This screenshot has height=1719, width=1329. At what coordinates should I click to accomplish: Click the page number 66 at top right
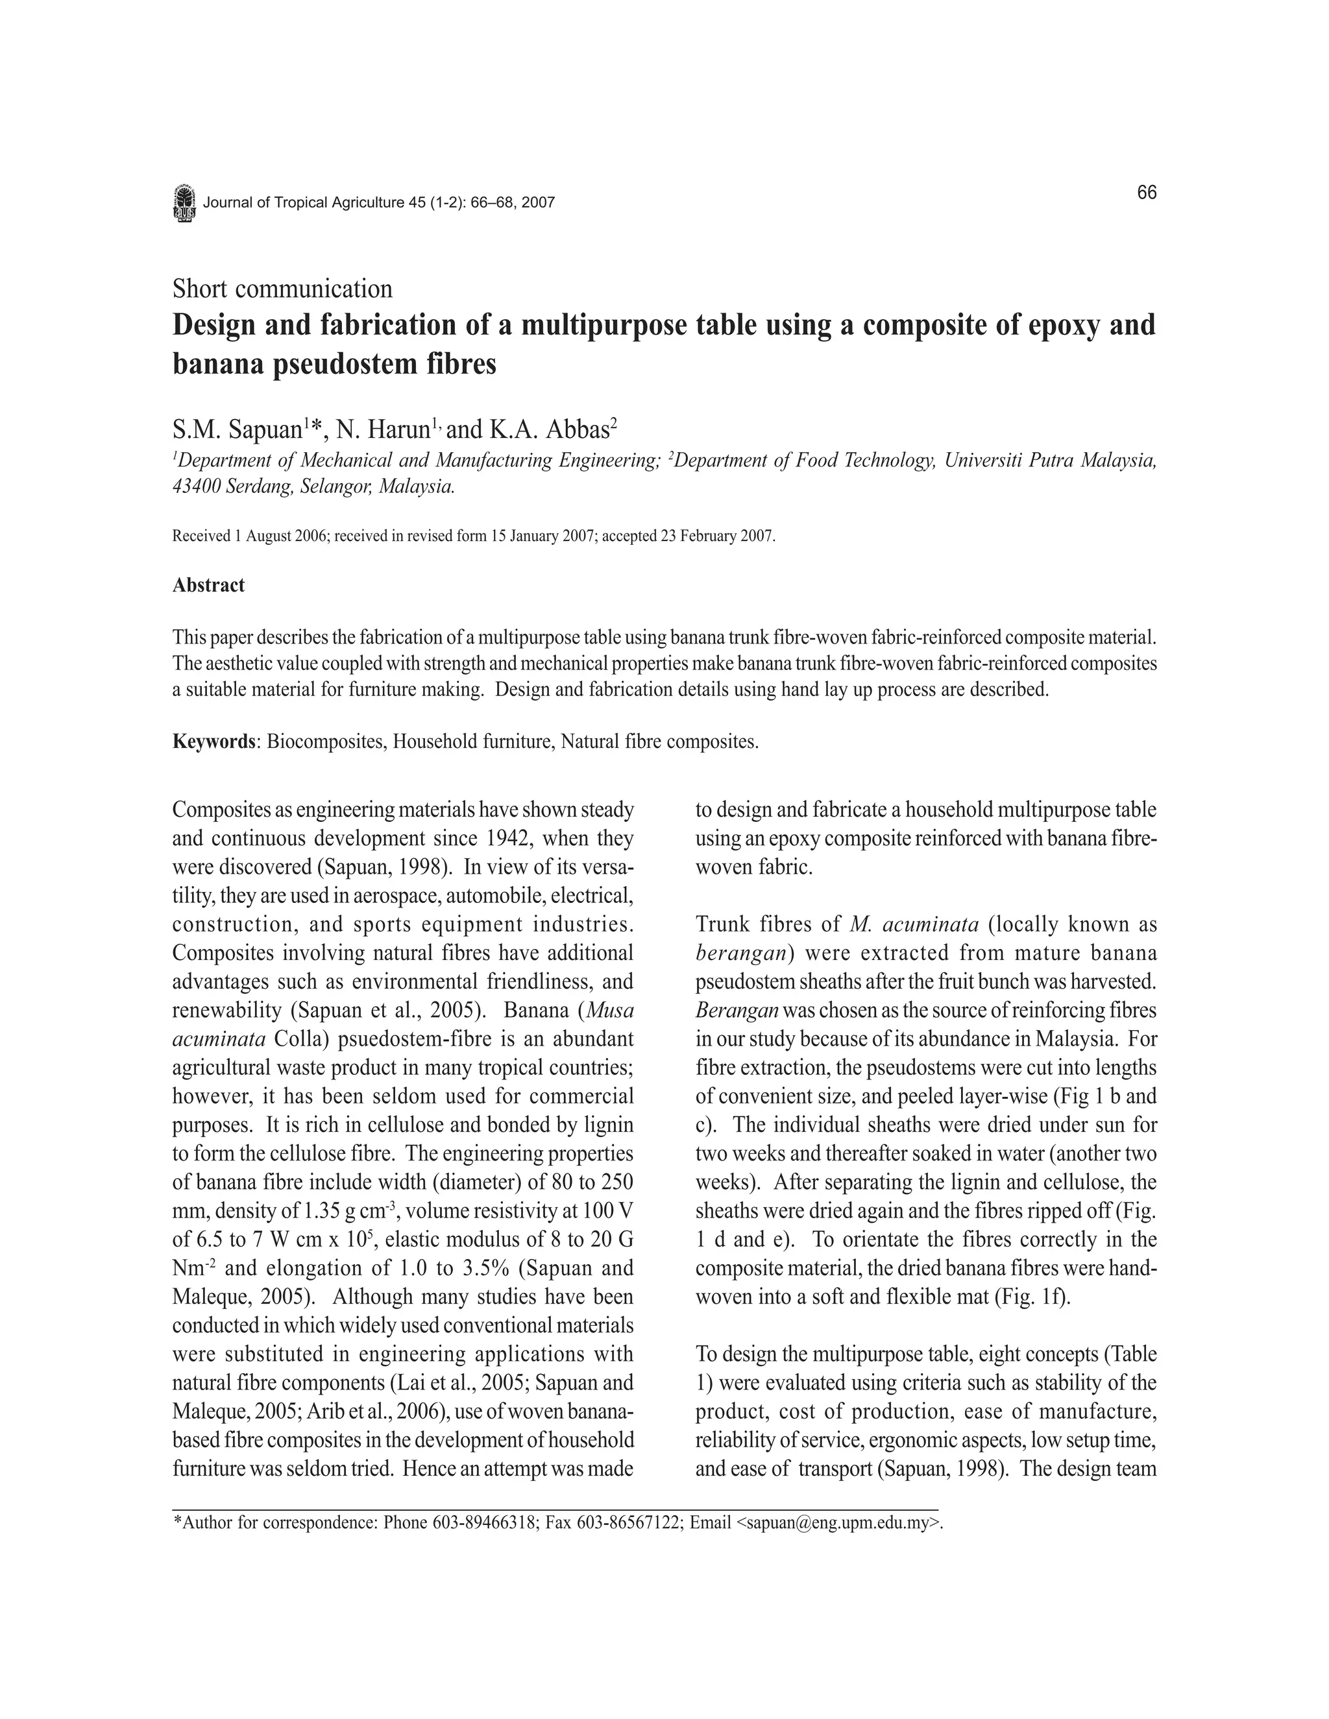pyautogui.click(x=1147, y=193)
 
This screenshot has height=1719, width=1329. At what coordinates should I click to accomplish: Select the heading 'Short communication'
pyautogui.click(x=282, y=289)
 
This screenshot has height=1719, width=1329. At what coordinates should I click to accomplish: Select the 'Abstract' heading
pyautogui.click(x=209, y=585)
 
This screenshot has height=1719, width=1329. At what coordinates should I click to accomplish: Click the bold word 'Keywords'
pyautogui.click(x=214, y=741)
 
